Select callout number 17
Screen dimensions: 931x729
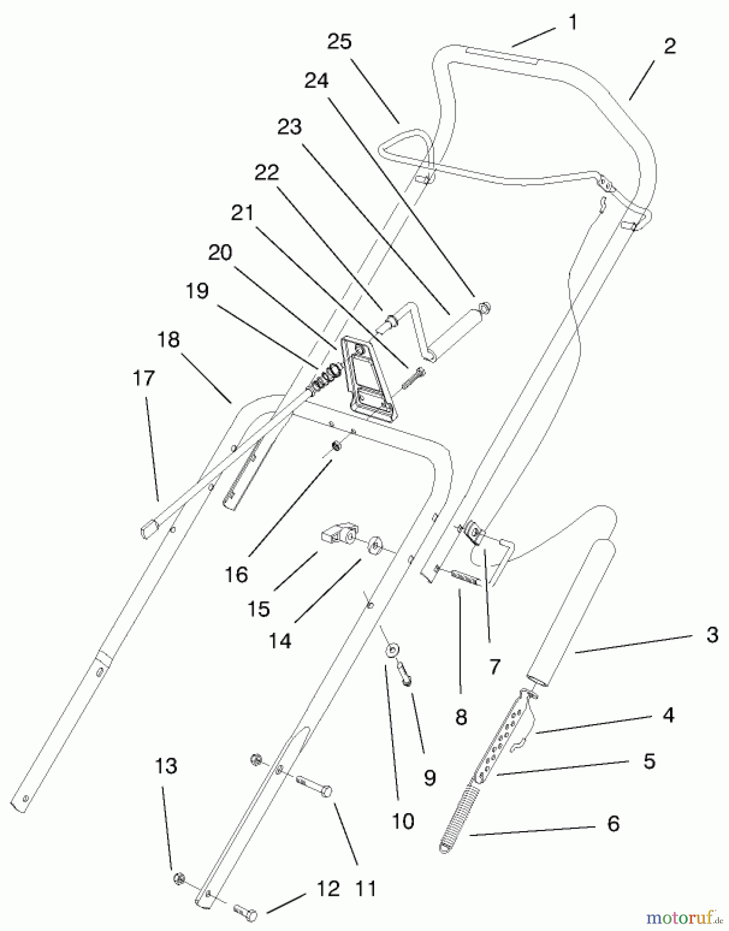tap(144, 378)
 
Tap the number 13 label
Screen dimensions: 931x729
tap(166, 766)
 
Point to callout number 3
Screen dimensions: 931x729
tap(712, 635)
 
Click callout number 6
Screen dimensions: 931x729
tap(613, 823)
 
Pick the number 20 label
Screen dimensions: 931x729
tap(220, 253)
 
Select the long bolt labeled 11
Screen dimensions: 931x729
tap(314, 788)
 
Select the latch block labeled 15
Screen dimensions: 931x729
tap(336, 534)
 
